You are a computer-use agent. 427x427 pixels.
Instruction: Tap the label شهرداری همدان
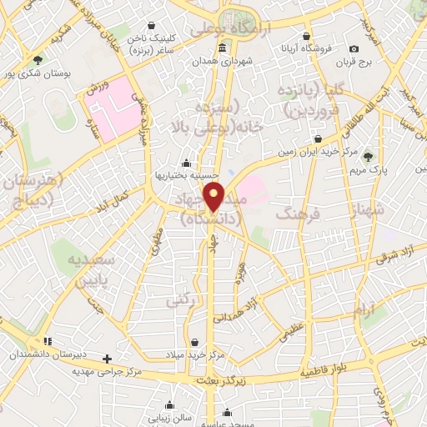coord(221,61)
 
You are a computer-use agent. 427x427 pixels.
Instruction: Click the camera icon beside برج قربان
coord(354,50)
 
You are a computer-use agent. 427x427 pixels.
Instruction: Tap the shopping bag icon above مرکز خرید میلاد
coord(195,342)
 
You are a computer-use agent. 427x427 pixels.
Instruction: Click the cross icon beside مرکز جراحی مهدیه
coord(106,359)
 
